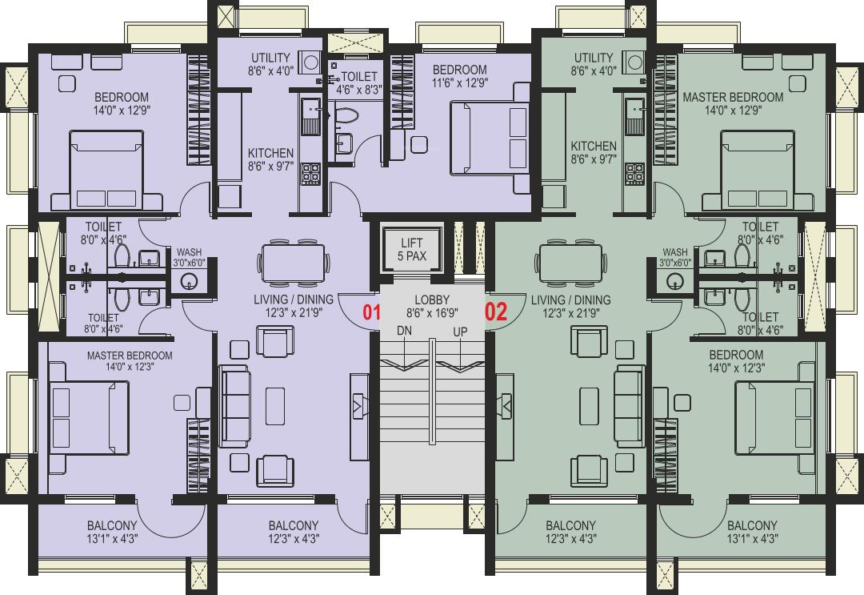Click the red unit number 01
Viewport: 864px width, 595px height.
pyautogui.click(x=371, y=312)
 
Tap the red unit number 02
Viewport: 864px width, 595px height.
pyautogui.click(x=496, y=312)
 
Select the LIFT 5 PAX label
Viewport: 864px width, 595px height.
pyautogui.click(x=412, y=249)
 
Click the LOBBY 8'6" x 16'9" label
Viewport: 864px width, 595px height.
pyautogui.click(x=432, y=307)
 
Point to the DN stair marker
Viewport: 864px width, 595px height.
pyautogui.click(x=405, y=331)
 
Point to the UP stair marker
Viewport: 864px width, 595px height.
pyautogui.click(x=460, y=332)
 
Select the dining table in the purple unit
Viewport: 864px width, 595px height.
pyautogui.click(x=293, y=263)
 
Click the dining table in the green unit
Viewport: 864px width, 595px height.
pyautogui.click(x=571, y=263)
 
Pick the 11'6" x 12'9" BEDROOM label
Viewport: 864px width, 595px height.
pyautogui.click(x=459, y=76)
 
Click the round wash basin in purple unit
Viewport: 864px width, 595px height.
pyautogui.click(x=189, y=281)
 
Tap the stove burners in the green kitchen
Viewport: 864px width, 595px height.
pyautogui.click(x=634, y=173)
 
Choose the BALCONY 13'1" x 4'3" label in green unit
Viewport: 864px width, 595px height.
pyautogui.click(x=751, y=532)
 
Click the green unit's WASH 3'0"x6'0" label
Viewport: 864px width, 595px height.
pyautogui.click(x=675, y=258)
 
